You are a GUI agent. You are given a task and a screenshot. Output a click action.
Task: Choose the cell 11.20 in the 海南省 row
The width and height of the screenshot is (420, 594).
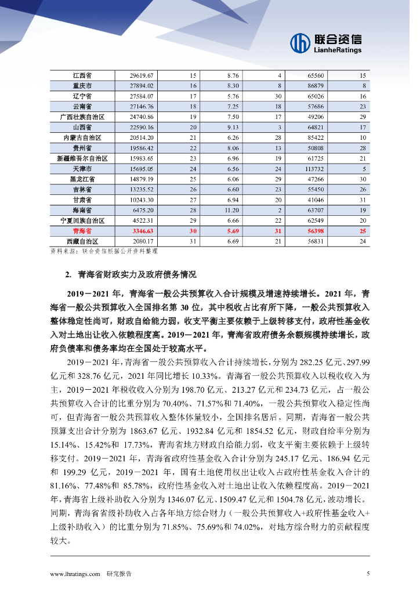(x=233, y=210)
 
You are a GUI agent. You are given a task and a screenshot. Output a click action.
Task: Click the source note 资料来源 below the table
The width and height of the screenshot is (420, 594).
(x=104, y=252)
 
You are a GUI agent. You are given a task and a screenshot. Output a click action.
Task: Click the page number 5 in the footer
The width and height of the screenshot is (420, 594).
(x=368, y=574)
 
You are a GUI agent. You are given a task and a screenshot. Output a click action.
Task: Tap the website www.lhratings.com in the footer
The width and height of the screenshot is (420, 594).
(x=75, y=574)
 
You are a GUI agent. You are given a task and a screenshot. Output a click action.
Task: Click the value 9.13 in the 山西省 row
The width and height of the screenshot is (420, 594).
(x=233, y=127)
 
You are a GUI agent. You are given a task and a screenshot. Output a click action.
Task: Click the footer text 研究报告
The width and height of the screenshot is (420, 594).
(x=119, y=574)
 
